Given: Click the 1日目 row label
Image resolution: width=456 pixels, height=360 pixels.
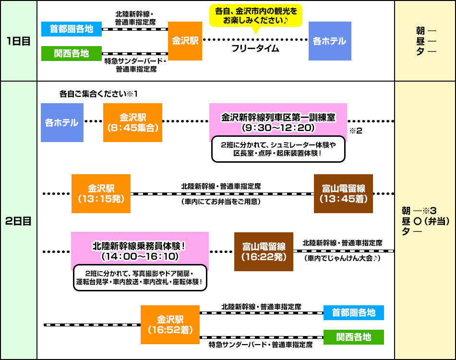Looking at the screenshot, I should [19, 41].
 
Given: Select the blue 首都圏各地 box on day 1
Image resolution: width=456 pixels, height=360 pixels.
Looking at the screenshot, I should [72, 29].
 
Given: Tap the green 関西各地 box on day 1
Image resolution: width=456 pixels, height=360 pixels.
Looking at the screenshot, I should [72, 53].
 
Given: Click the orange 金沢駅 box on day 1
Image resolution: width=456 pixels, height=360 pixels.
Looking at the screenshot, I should [185, 41].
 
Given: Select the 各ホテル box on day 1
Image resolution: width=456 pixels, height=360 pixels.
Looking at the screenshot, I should [329, 41].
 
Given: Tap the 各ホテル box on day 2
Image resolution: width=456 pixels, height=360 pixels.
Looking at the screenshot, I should [62, 122].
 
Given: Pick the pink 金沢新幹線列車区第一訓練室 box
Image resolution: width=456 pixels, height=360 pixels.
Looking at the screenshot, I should [278, 122].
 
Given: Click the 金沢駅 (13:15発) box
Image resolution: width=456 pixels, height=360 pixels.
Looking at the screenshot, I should [101, 193].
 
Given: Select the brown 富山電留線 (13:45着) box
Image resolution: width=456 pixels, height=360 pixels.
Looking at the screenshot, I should [343, 193].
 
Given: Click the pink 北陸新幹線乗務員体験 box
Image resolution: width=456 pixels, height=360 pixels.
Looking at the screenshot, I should [140, 251].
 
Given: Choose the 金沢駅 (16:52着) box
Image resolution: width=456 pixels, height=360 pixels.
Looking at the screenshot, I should [170, 324].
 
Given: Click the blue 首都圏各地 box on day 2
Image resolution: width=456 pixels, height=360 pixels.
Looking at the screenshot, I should [354, 313].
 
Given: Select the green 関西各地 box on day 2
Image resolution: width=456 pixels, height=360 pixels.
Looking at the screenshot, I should [354, 337].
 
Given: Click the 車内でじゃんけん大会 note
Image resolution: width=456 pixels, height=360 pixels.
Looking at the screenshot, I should [342, 258].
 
